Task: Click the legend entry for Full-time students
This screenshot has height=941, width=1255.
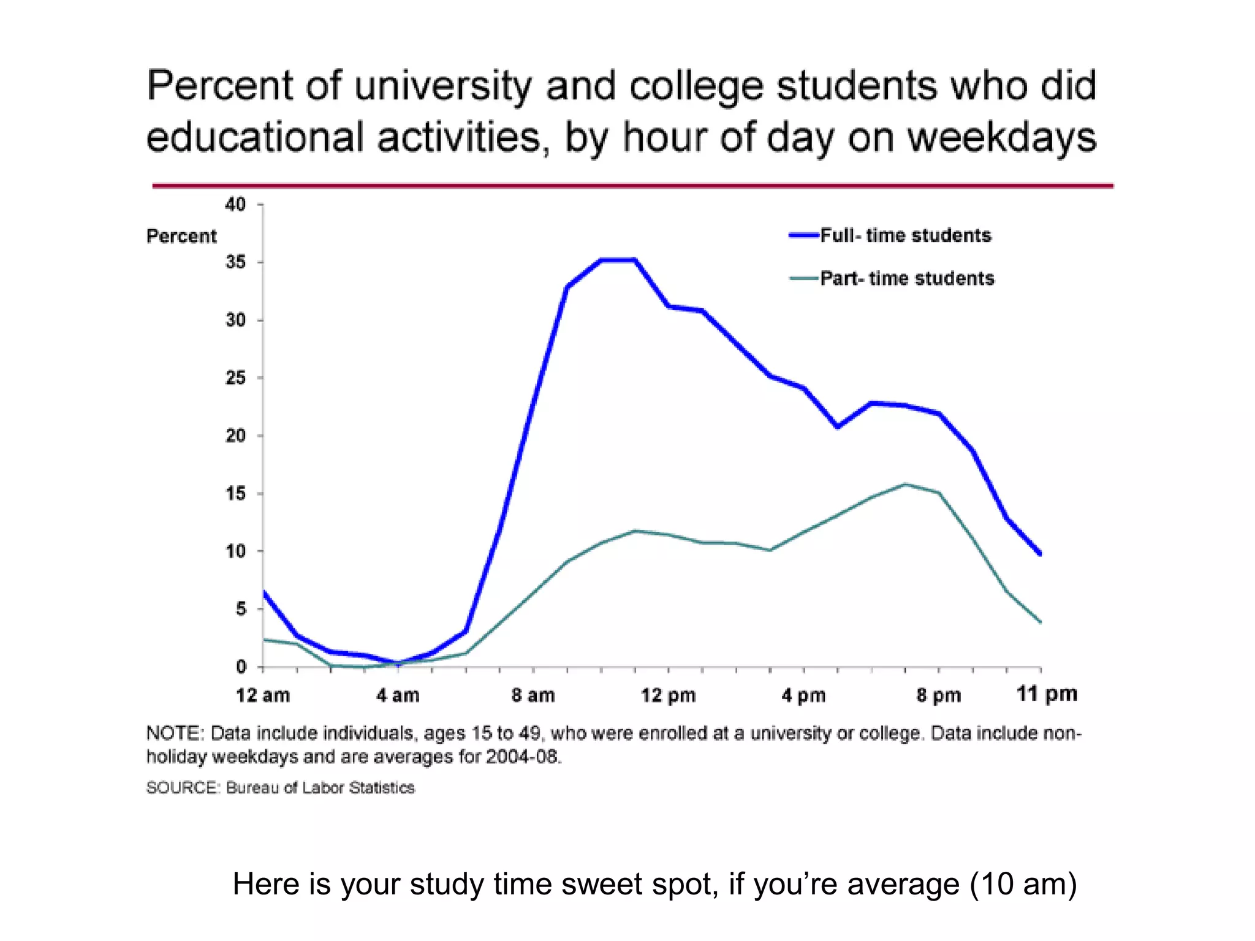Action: point(905,236)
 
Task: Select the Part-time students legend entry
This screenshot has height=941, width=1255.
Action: point(907,279)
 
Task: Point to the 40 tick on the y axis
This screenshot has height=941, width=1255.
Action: point(236,204)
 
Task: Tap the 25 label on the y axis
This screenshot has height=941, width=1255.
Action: point(236,378)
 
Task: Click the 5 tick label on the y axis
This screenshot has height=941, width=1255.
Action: point(241,609)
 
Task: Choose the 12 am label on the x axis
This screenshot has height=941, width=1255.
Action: point(263,695)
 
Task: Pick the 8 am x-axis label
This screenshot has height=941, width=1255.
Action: point(533,695)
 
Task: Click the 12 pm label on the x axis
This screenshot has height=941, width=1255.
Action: point(669,695)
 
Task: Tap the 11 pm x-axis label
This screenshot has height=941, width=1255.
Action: point(1047,694)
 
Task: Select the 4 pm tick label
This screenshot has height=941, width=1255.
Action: point(803,695)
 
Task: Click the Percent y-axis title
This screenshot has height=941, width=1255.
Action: point(181,236)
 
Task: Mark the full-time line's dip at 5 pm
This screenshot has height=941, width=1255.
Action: point(838,426)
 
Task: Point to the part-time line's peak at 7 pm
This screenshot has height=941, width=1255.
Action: point(905,485)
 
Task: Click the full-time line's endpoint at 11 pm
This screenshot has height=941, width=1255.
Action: point(1040,553)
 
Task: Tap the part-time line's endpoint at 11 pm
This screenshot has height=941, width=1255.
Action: point(1040,622)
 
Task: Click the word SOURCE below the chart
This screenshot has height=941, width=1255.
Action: point(182,788)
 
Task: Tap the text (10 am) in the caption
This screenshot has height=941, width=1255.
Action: point(1023,885)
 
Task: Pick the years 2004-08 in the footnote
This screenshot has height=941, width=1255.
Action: point(523,757)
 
